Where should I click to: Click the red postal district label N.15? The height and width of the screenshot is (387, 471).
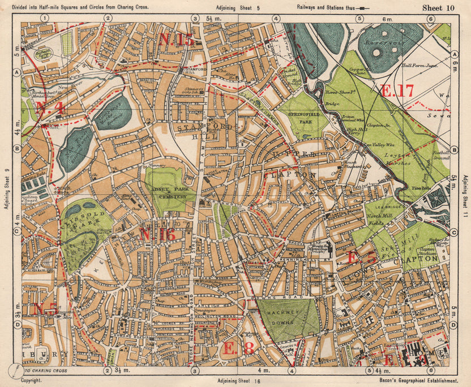(176, 39)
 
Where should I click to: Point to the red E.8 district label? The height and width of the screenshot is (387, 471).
(238, 348)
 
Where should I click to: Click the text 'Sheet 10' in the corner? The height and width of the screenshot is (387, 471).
(438, 7)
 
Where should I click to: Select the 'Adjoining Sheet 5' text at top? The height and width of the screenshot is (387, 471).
(238, 8)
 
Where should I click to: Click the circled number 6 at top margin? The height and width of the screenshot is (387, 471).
(431, 18)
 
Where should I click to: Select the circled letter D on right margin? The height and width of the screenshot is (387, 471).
(454, 325)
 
